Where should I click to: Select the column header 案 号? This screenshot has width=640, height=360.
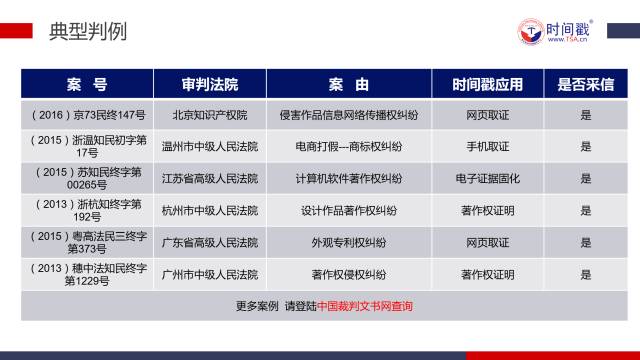pyautogui.click(x=87, y=83)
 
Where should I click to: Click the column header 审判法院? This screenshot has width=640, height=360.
pyautogui.click(x=210, y=83)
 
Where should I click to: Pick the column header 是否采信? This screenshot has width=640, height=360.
pyautogui.click(x=585, y=83)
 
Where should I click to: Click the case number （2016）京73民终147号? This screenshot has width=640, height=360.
pyautogui.click(x=88, y=115)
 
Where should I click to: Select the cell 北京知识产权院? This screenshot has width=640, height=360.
pyautogui.click(x=210, y=115)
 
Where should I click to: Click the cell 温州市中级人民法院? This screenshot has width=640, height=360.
pyautogui.click(x=210, y=146)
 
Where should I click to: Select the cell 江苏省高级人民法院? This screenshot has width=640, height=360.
pyautogui.click(x=210, y=178)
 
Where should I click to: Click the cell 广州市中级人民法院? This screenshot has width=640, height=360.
pyautogui.click(x=210, y=274)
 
